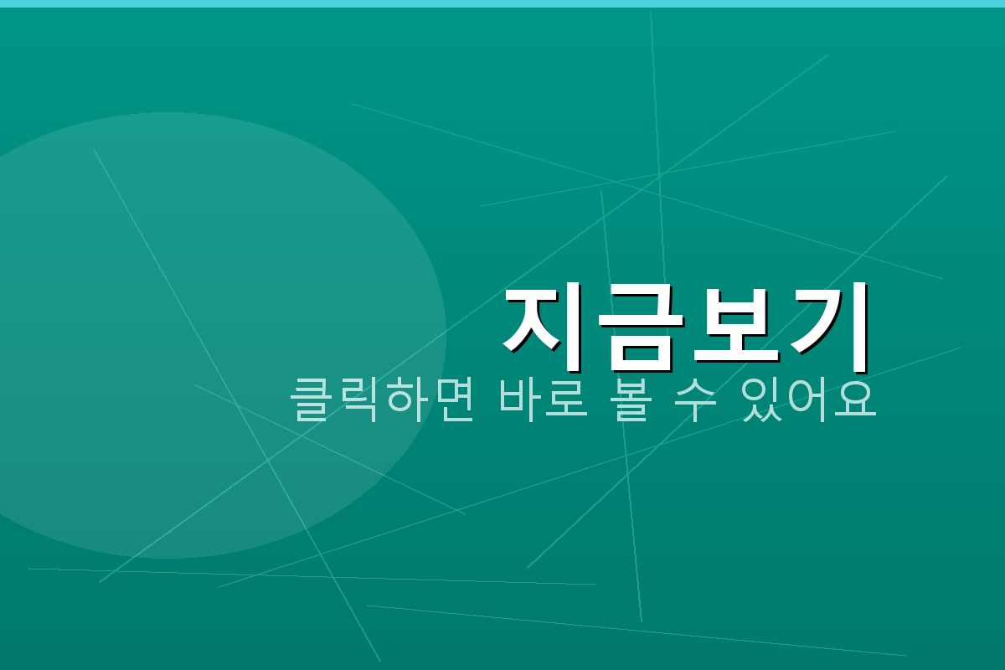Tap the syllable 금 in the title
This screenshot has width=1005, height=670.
[x=638, y=328]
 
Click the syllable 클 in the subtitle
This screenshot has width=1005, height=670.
[x=312, y=400]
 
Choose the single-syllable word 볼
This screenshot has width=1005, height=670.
[x=639, y=400]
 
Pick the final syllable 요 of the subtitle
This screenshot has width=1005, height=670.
[x=857, y=400]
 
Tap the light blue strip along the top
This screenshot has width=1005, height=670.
[x=502, y=3]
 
